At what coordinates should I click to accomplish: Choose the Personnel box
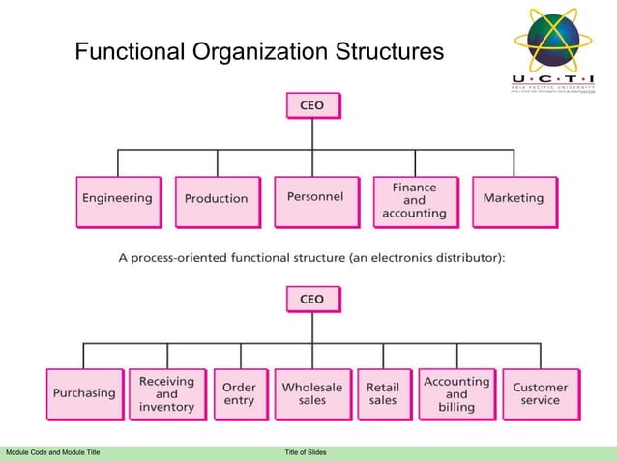[315, 199]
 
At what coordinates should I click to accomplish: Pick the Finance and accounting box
[414, 200]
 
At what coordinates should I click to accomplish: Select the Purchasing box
[83, 393]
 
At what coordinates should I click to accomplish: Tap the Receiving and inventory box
[166, 393]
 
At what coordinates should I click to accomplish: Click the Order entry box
[239, 393]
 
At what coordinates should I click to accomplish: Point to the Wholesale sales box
[311, 393]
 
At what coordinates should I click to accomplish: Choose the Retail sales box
[383, 393]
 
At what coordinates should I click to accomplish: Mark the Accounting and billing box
[456, 393]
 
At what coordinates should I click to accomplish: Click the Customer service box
[540, 393]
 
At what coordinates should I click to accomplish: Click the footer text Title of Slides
[306, 452]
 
